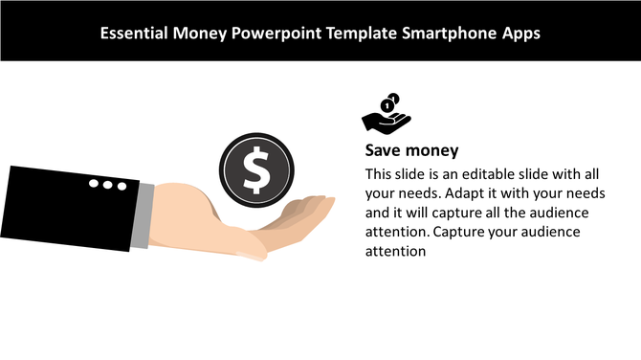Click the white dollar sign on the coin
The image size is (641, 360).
click(x=255, y=169)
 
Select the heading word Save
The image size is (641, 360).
click(x=382, y=151)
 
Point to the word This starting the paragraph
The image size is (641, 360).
click(x=379, y=174)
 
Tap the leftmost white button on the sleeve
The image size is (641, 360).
click(x=94, y=183)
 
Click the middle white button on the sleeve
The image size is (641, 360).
click(x=107, y=184)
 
